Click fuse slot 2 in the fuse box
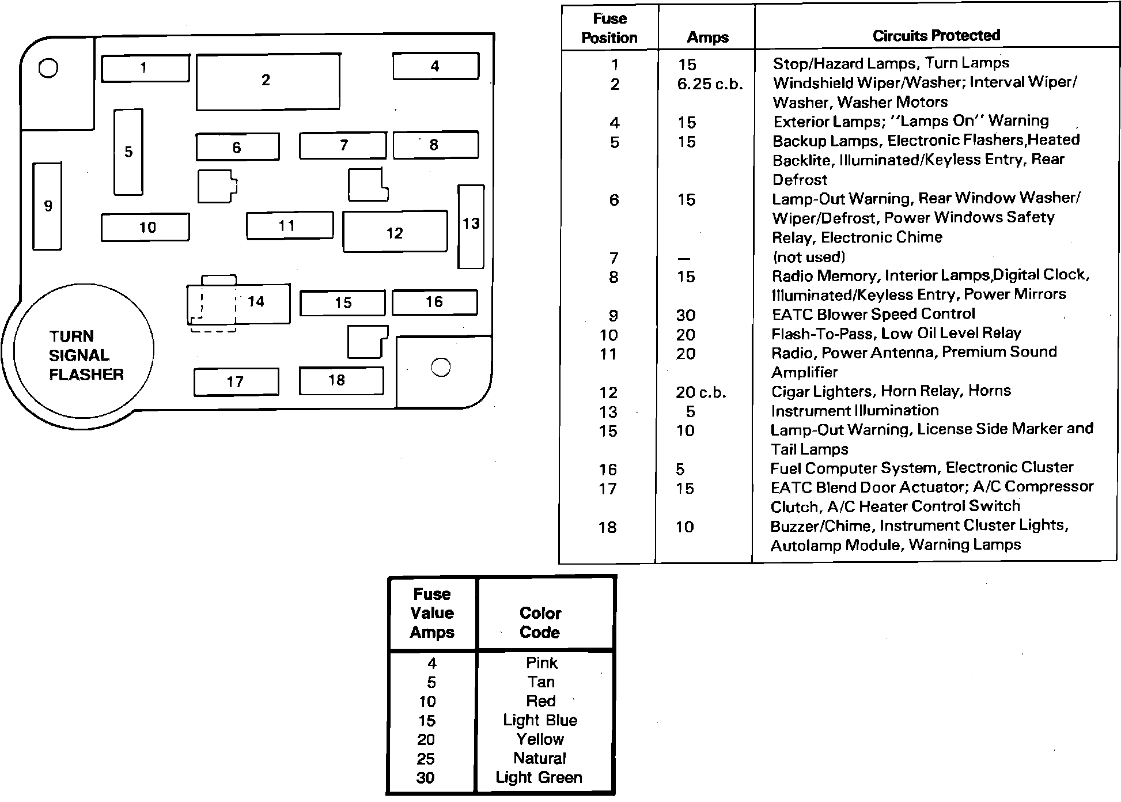[268, 81]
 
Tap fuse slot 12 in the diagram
[395, 232]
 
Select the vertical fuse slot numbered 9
[47, 206]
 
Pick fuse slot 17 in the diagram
[236, 382]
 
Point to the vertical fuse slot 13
[471, 226]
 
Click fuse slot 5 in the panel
[128, 152]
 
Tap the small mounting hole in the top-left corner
[48, 69]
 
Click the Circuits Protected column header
[936, 36]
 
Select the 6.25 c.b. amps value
[710, 85]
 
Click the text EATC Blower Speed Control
[873, 315]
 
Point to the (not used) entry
[808, 257]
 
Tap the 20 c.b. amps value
[700, 393]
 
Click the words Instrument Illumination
[855, 411]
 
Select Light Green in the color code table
[539, 778]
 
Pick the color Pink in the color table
[541, 663]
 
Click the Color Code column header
[540, 623]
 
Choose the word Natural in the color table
[540, 759]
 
